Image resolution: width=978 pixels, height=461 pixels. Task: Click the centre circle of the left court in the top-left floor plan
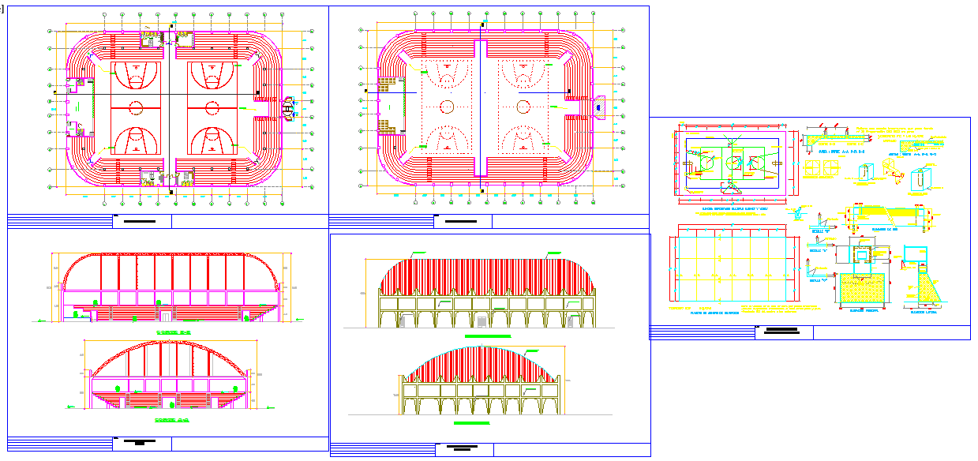(135, 106)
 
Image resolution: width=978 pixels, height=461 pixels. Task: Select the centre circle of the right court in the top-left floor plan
(212, 106)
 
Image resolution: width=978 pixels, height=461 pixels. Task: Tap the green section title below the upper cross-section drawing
(173, 333)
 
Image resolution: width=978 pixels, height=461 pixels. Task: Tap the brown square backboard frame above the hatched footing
(864, 253)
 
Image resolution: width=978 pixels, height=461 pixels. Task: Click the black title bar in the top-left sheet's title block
(142, 221)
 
